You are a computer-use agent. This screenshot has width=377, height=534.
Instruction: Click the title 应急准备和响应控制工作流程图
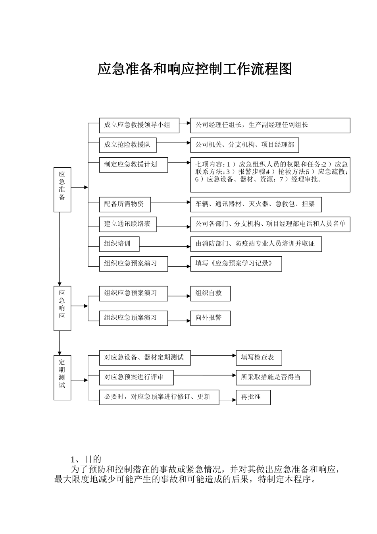194,69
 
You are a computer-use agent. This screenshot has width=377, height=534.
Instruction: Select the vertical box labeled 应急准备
62,190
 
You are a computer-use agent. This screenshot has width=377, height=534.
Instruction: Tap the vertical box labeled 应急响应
62,308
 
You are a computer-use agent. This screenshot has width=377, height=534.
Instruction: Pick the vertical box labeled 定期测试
62,377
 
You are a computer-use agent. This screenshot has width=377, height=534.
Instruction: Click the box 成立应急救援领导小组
139,125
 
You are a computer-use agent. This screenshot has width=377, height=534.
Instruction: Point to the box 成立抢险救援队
127,145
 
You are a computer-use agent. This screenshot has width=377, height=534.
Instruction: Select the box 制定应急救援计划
133,165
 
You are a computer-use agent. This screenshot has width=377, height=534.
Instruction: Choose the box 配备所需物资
125,204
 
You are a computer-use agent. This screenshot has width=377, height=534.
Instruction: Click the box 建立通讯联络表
127,224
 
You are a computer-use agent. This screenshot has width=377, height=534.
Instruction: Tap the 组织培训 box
119,244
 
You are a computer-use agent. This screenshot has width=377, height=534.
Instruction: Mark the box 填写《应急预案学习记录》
236,264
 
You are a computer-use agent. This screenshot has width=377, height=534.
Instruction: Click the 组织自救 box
210,294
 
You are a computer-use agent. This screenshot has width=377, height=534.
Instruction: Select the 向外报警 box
210,318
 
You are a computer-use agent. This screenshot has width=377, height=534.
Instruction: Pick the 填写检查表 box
259,358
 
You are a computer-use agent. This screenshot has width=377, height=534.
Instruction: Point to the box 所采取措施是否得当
273,377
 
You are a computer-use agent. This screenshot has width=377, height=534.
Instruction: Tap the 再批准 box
253,397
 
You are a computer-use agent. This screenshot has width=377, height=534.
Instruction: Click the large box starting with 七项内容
270,175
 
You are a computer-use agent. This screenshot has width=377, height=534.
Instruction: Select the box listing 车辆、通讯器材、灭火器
256,204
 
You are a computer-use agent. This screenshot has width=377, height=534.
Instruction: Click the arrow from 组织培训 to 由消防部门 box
165,247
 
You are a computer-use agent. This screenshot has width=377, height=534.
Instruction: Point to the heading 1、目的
86,459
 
